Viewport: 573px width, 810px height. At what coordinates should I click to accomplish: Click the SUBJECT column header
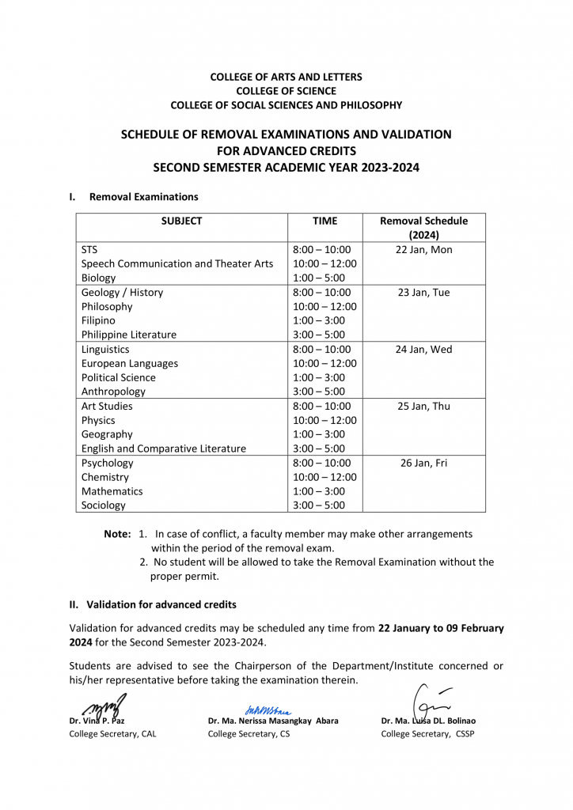[181, 221]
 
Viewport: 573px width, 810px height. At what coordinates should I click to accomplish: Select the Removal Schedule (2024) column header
[423, 228]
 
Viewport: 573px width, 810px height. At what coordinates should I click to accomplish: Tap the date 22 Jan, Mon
[423, 250]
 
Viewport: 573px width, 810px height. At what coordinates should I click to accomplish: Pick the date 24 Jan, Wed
[423, 350]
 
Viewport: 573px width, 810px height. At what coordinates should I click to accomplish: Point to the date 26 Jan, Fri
[423, 464]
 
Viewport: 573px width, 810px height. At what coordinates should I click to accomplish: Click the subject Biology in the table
[98, 278]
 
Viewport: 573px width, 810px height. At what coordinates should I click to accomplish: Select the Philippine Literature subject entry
[129, 335]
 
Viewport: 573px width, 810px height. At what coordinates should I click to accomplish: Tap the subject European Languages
[130, 364]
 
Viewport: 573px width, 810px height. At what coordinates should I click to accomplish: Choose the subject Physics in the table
[98, 421]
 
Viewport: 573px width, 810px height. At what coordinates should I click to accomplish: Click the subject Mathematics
[112, 491]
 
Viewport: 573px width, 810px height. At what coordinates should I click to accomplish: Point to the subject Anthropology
[113, 392]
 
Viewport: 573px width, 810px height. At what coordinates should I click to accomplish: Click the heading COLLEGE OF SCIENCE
[286, 91]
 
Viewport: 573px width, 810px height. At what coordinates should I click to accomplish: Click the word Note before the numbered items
[117, 534]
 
